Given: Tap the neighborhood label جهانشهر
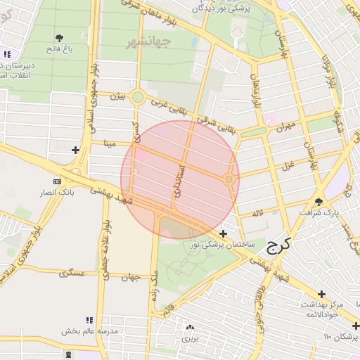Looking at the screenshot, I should (x=149, y=43).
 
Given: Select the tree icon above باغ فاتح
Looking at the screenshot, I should (x=59, y=38).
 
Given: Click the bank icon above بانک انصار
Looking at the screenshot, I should (x=57, y=181).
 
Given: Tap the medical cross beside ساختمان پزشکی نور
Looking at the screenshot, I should (x=224, y=233).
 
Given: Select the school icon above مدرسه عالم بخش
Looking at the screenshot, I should (x=89, y=320).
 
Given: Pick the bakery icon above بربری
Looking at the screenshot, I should (x=189, y=327).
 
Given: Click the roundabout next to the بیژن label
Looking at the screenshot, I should (x=138, y=98).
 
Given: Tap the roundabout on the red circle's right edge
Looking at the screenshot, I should (x=229, y=180).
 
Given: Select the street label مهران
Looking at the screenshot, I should (x=284, y=127).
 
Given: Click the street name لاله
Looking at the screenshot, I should (x=257, y=211).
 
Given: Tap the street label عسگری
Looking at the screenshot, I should (x=72, y=272).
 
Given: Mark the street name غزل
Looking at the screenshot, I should (x=287, y=166).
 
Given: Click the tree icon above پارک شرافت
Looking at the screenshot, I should (x=320, y=201).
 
